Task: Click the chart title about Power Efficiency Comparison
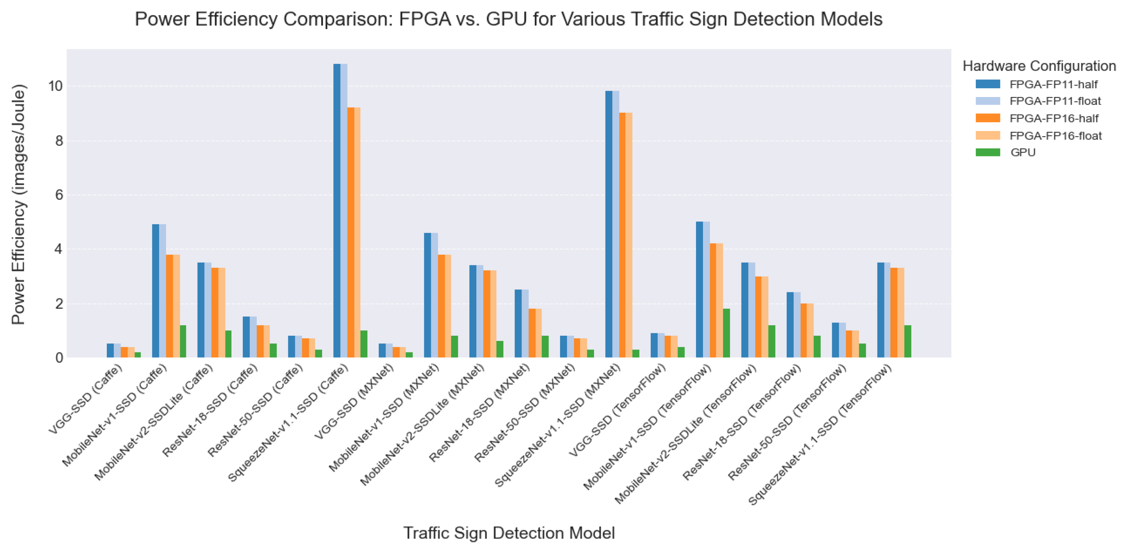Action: click(508, 20)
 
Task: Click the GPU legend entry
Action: click(1023, 153)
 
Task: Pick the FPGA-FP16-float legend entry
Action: click(1055, 135)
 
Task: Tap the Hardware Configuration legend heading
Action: click(1039, 66)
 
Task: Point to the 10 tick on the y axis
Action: click(56, 86)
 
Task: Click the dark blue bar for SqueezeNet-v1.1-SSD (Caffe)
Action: click(337, 211)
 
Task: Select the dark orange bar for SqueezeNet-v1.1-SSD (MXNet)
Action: click(622, 235)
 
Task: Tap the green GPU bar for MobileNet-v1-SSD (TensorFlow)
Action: click(726, 334)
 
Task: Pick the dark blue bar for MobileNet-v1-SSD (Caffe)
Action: click(155, 291)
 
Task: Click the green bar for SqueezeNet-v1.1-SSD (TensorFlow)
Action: click(908, 341)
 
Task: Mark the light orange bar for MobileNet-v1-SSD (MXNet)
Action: click(448, 306)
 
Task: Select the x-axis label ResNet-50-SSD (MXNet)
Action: click(525, 412)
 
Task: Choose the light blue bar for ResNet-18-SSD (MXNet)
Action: click(525, 323)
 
